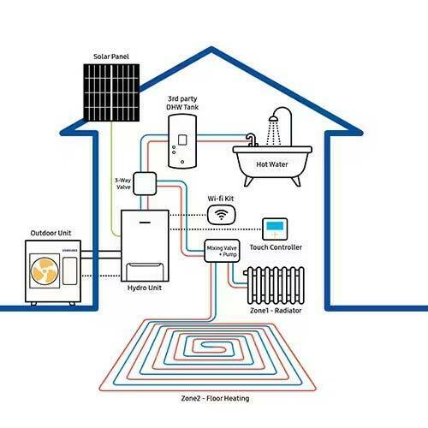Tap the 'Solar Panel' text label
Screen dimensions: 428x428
(113, 57)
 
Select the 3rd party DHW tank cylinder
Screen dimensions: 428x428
(182, 142)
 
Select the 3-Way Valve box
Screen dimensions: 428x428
(143, 184)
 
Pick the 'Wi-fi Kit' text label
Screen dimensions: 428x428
(221, 199)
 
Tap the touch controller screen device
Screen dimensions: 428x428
(276, 228)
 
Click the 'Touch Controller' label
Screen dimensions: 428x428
(276, 247)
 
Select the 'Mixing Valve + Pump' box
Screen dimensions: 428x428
(220, 251)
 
